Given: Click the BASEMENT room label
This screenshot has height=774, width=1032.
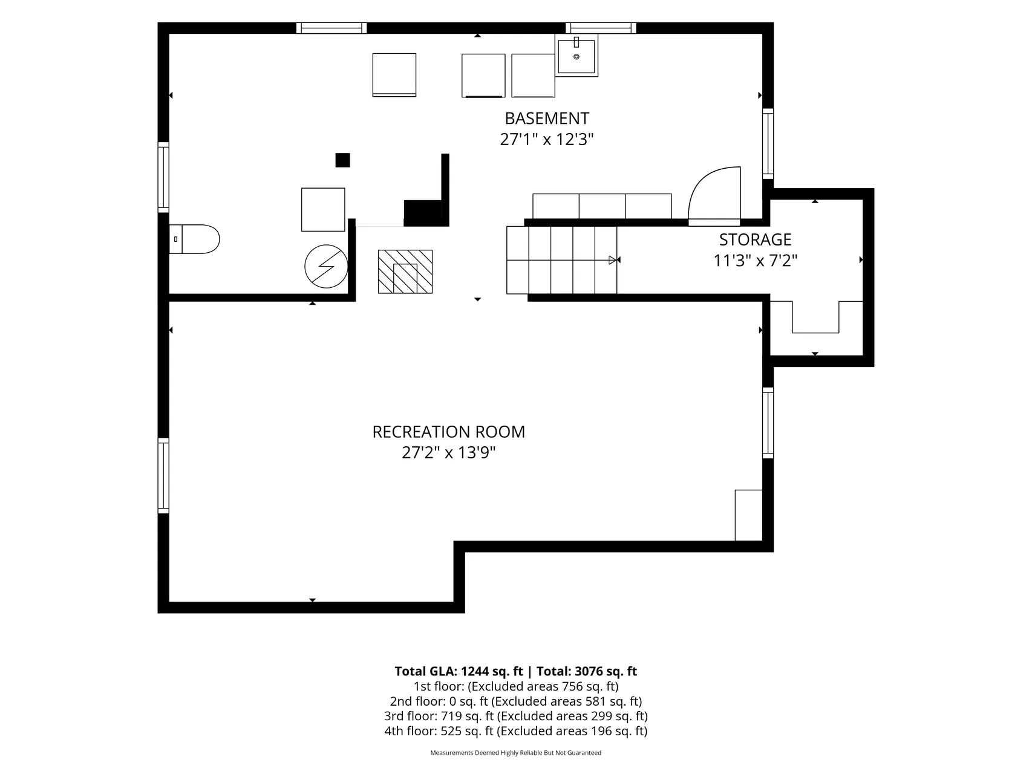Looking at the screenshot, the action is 547,119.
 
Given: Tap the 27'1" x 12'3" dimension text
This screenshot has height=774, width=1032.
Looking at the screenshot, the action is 547,140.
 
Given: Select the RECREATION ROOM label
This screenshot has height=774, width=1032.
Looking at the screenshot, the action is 449,432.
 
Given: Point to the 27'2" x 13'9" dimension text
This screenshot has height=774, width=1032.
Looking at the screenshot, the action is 449,453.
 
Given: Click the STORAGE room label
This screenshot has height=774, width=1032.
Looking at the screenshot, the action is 755,239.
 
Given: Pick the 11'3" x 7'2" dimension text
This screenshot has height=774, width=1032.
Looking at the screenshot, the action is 756,261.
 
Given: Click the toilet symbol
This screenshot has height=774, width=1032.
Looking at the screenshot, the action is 194,239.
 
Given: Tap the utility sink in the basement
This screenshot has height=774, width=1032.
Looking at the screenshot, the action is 576,56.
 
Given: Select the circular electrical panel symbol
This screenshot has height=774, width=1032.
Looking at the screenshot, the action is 326,266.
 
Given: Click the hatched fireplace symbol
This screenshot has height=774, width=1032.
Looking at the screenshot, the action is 405,272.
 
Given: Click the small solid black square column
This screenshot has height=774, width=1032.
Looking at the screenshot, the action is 343,160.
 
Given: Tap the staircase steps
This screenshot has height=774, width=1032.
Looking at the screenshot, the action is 562,260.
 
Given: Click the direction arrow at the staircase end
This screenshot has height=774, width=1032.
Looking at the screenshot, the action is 615,260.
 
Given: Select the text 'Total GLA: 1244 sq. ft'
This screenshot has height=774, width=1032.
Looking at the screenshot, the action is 459,671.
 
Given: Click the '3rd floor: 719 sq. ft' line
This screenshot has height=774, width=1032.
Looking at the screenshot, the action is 439,717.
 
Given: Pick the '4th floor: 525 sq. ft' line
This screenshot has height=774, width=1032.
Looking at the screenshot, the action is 439,732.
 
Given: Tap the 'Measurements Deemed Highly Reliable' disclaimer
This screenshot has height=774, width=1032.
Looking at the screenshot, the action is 516,753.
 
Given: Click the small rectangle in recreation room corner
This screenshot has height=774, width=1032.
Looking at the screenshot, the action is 748,515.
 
